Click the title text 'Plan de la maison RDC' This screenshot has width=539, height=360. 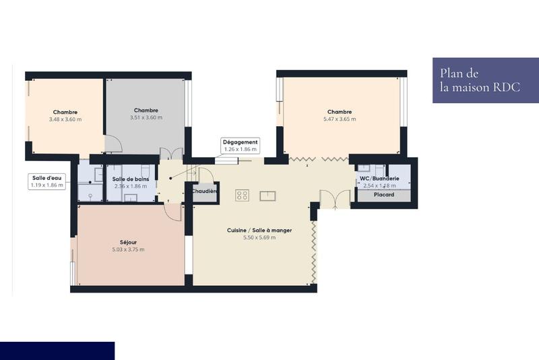[479, 80]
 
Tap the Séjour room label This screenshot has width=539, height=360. [127, 241]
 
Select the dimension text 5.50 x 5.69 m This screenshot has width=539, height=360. [259, 237]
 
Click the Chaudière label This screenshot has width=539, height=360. [204, 191]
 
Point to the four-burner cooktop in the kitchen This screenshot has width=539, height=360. [243, 196]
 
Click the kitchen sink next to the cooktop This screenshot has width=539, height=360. [267, 196]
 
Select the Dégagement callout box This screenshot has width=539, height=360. [241, 146]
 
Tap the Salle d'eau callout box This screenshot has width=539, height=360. [47, 181]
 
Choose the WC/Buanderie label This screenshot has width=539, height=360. [380, 179]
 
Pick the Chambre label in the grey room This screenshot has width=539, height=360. [146, 110]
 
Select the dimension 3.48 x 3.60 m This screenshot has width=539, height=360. [65, 119]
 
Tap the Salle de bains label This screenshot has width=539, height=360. [131, 179]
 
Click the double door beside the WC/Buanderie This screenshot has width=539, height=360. [334, 199]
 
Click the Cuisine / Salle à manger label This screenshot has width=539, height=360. [259, 230]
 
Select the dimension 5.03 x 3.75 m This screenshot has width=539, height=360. [127, 249]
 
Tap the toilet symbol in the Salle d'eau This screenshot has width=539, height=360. [89, 195]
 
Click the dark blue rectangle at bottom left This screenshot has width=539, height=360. [57, 351]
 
